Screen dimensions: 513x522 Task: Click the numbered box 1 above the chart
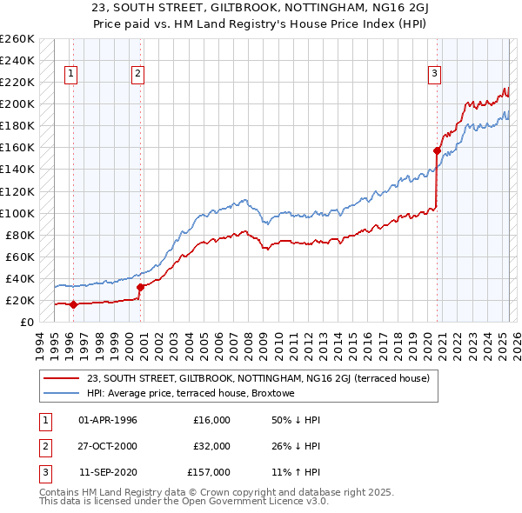tap(70, 74)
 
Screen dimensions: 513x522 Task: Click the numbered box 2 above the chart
tap(137, 74)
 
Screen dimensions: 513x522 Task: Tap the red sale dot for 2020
tap(437, 150)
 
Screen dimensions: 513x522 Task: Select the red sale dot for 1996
tap(73, 304)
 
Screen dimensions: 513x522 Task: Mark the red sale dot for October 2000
tap(140, 287)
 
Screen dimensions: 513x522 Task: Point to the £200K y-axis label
tap(17, 103)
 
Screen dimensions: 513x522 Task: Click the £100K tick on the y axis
tap(17, 213)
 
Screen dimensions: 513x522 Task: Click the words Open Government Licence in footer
tap(260, 501)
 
